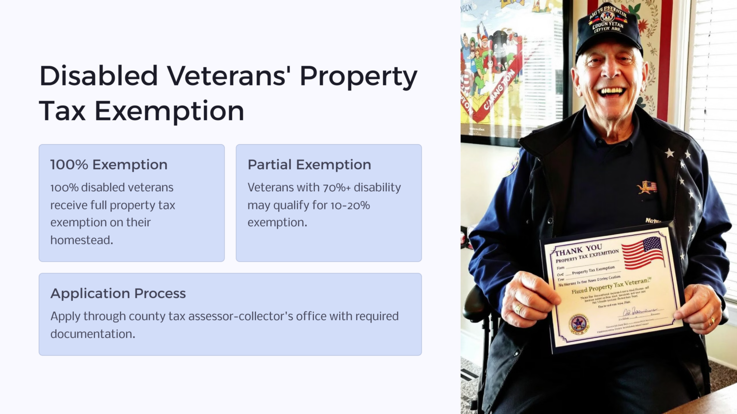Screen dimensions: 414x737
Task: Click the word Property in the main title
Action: point(358,77)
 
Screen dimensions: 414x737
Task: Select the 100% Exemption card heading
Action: point(109,164)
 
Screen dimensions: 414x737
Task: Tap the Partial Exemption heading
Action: point(309,164)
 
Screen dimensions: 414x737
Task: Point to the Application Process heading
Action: point(118,293)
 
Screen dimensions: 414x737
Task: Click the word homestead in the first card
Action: point(81,240)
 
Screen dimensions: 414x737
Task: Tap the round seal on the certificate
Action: point(579,324)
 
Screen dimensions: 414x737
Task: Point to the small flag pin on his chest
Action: point(647,187)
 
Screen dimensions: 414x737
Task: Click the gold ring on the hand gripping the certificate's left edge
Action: point(518,309)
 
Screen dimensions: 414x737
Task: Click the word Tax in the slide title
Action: point(63,111)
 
